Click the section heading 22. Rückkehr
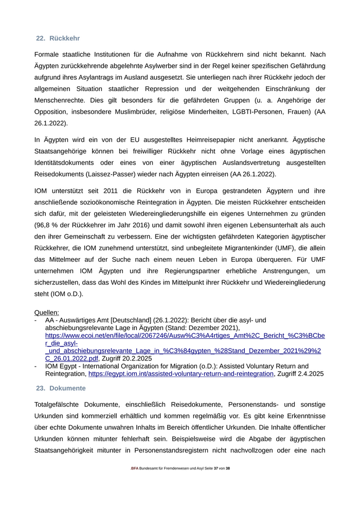pyautogui.click(x=58, y=39)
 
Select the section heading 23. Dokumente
pyautogui.click(x=61, y=388)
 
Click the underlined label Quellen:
pyautogui.click(x=47, y=312)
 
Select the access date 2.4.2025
pyautogui.click(x=307, y=374)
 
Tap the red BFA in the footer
pyautogui.click(x=135, y=468)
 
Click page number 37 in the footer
pyautogui.click(x=217, y=468)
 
